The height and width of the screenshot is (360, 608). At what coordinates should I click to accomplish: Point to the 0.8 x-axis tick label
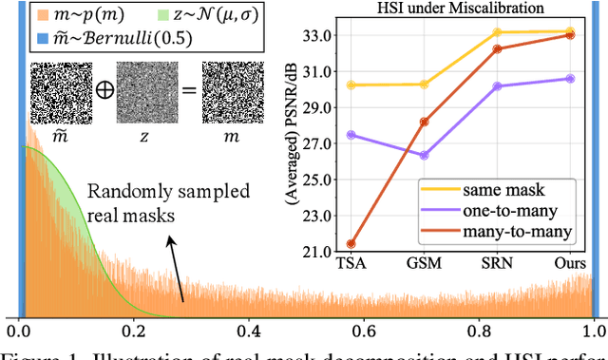click(x=478, y=332)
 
